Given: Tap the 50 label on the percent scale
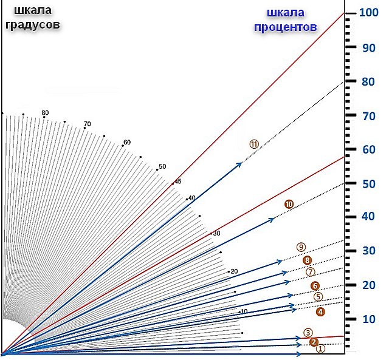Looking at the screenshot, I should tap(366, 182).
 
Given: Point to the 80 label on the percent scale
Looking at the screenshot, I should tap(366, 81).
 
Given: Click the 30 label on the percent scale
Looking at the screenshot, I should tap(366, 251).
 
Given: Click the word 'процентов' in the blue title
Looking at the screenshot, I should tap(284, 27).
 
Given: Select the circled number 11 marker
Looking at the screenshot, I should tap(254, 144).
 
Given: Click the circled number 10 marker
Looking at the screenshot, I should tap(289, 205).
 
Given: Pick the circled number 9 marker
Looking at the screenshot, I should tap(301, 247).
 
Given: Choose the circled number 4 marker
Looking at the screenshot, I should tap(320, 311).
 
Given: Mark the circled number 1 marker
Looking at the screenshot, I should tap(322, 348).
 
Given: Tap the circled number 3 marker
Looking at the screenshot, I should tap(308, 332).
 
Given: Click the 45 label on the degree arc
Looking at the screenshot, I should tap(178, 180).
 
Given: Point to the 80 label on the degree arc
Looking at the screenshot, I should tap(45, 113).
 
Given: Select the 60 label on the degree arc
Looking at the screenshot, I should tap(127, 143).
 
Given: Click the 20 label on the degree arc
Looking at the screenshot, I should tap(234, 271).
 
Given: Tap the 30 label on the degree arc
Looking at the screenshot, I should tap(216, 234).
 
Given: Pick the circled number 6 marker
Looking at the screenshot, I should tap(314, 286).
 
